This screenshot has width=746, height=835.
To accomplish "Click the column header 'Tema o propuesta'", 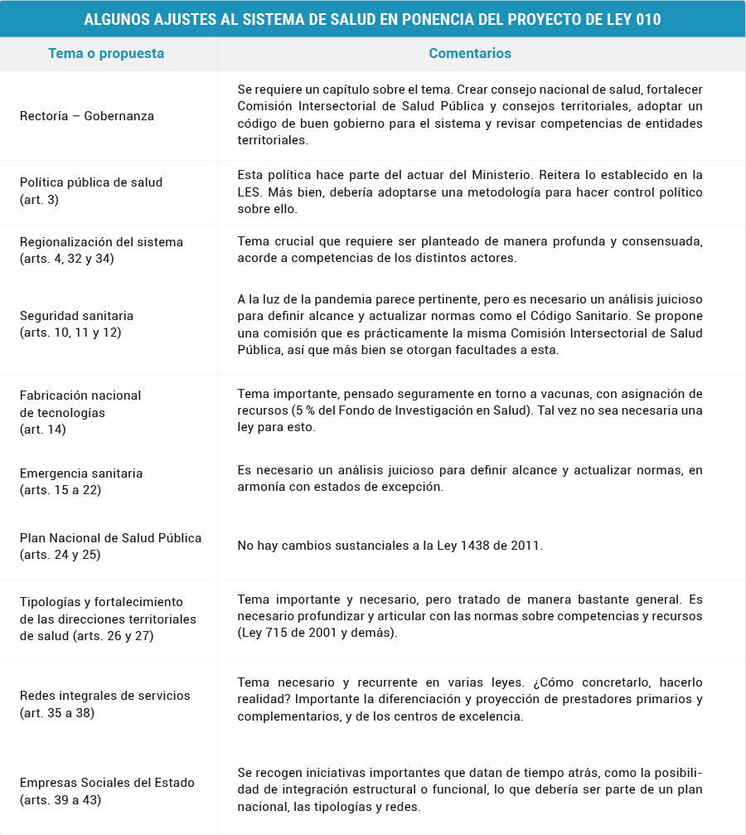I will [x=106, y=54].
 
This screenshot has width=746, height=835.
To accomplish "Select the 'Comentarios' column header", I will [x=469, y=54].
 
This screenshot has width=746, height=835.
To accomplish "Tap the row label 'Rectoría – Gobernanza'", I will [x=87, y=116].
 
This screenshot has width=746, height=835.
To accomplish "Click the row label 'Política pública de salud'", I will [x=91, y=182].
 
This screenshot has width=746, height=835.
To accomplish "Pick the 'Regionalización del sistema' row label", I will [x=101, y=242].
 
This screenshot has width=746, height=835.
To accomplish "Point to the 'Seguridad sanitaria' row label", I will [x=76, y=316].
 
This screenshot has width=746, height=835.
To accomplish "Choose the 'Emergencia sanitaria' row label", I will [x=81, y=473].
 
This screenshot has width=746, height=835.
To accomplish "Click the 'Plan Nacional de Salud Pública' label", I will [x=110, y=538].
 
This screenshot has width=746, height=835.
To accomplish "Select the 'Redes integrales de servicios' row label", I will [x=104, y=696].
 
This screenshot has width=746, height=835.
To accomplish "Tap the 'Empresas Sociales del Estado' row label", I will [x=107, y=783].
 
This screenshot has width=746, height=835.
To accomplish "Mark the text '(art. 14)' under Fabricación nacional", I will [x=42, y=430].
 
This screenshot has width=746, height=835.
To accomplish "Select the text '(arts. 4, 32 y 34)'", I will [x=67, y=259].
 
